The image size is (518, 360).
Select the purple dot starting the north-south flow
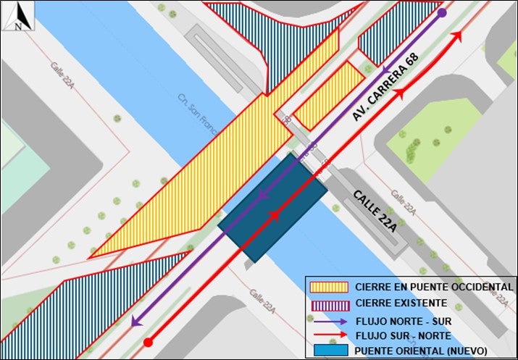pos(442,13)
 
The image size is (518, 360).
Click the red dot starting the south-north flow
pos(148,342)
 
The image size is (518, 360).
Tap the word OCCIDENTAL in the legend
pos(476,287)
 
